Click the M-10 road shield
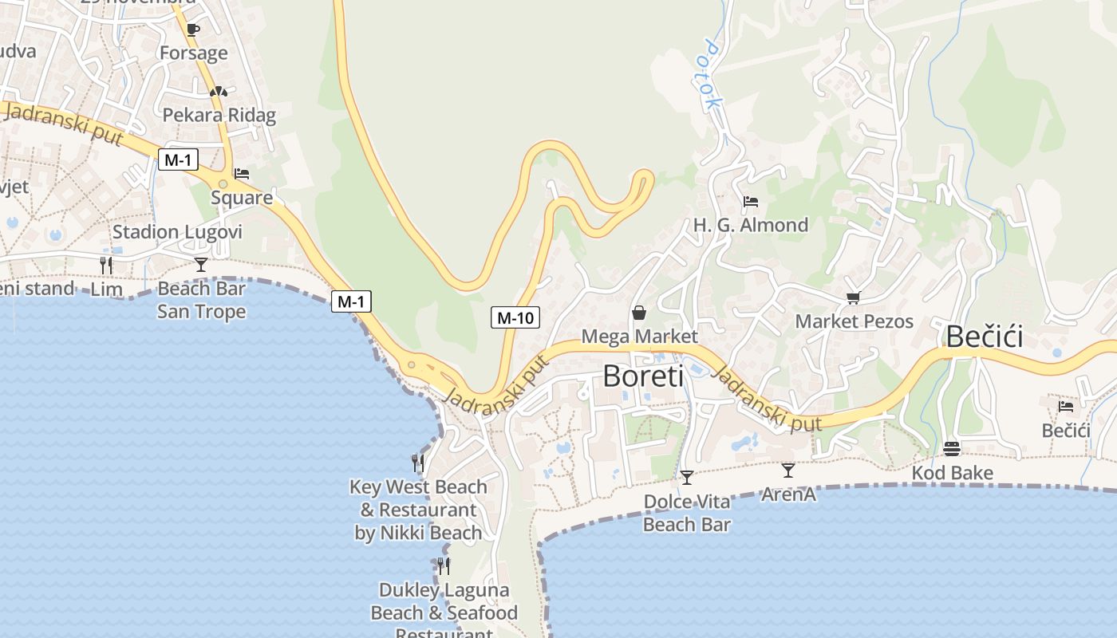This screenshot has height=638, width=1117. click(x=515, y=317)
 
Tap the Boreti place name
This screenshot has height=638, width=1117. click(x=642, y=376)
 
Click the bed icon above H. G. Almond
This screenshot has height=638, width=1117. click(x=750, y=201)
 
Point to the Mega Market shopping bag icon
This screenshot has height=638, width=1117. click(x=639, y=312)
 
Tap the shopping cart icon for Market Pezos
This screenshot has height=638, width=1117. click(x=853, y=297)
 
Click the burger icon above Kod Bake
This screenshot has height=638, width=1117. click(x=951, y=448)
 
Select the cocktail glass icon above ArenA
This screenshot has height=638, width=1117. click(x=788, y=470)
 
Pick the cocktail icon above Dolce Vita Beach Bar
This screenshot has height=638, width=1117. click(x=686, y=477)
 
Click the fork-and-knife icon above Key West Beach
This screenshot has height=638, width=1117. click(x=417, y=462)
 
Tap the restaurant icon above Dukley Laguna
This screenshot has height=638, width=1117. click(x=444, y=565)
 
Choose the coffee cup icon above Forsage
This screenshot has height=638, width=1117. click(x=192, y=30)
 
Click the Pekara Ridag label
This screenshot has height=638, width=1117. click(x=219, y=115)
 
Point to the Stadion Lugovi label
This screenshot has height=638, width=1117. click(x=177, y=232)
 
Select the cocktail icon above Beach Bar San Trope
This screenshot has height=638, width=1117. click(x=200, y=264)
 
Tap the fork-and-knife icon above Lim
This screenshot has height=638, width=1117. click(x=106, y=265)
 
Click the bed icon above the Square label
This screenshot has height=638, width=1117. click(x=242, y=173)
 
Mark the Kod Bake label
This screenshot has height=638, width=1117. click(x=952, y=473)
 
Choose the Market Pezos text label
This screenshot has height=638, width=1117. click(x=854, y=321)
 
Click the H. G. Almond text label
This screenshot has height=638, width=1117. click(x=750, y=225)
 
